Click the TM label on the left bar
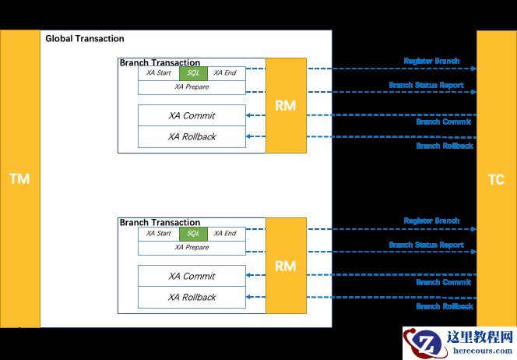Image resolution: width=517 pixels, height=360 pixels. pos(19,179)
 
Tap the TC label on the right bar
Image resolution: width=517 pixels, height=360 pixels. pos(496,180)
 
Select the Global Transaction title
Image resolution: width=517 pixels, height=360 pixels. pos(84,38)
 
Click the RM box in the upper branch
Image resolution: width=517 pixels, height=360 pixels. pos(286,105)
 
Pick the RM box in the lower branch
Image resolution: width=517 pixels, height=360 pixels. pos(286,266)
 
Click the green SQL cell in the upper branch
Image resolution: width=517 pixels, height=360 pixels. pos(193,72)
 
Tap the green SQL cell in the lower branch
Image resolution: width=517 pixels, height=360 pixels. pos(193,233)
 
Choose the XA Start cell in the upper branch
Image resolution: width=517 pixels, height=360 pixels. pos(158,72)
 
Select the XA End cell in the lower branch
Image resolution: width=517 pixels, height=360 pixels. pos(225,233)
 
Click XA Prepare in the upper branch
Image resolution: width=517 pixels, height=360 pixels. pos(192,87)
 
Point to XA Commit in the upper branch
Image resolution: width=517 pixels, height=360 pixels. pos(192,115)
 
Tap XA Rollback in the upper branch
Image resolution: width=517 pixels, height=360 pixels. pos(192,136)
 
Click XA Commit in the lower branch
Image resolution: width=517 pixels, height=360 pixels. pos(192,276)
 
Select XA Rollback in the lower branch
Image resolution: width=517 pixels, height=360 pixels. pos(192,297)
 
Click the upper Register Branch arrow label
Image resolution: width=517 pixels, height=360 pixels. pos(431,61)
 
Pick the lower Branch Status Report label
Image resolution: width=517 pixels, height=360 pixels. pos(426,245)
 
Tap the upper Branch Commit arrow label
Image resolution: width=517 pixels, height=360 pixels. pos(443,122)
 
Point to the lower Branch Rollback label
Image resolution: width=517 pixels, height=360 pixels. pos(444,306)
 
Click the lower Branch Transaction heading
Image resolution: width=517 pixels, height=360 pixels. pos(160,223)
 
